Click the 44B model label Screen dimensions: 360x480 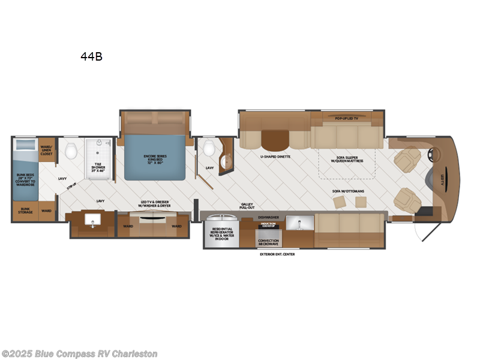click(92, 57)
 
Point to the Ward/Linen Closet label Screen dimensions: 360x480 click(46, 149)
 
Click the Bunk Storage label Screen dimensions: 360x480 click(25, 211)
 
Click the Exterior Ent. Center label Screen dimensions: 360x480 click(277, 254)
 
